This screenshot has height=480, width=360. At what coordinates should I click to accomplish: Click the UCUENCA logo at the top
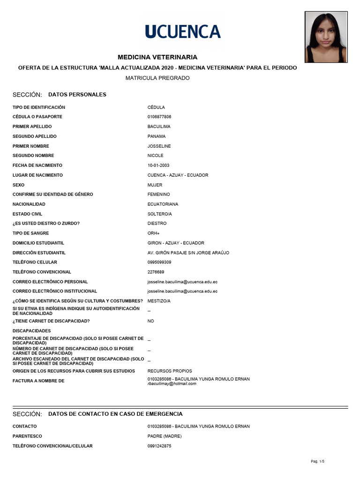tap(182, 31)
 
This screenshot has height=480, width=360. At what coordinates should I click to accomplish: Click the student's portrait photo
tap(326, 37)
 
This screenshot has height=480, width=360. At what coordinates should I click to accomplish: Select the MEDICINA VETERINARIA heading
tap(157, 57)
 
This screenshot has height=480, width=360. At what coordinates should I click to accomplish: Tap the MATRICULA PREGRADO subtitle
tap(157, 78)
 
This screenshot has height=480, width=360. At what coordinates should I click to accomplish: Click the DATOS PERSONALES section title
tap(77, 95)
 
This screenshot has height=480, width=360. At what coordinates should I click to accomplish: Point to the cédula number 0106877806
tap(159, 117)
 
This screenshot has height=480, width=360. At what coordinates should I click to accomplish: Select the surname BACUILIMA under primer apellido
tap(159, 127)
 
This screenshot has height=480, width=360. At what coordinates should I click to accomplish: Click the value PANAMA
tap(157, 136)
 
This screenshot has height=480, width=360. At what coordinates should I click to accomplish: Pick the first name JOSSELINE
tap(159, 146)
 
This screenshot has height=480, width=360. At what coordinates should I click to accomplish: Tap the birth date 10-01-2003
tap(158, 165)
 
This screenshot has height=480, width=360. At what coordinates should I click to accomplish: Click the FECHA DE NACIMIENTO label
tap(37, 165)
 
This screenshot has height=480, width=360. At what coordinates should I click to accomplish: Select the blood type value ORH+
tap(154, 233)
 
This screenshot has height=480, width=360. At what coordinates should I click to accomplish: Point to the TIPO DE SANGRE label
tap(31, 233)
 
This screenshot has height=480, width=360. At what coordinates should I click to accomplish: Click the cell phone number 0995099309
tap(159, 262)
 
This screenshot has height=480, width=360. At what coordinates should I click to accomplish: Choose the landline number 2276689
tap(156, 272)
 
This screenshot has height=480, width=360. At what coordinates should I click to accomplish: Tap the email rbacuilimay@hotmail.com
tap(172, 384)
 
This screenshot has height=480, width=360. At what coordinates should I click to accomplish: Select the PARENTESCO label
tap(27, 436)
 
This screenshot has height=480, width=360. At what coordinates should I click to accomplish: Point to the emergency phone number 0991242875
tap(159, 446)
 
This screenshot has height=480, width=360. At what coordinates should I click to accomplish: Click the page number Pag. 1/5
tap(318, 462)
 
